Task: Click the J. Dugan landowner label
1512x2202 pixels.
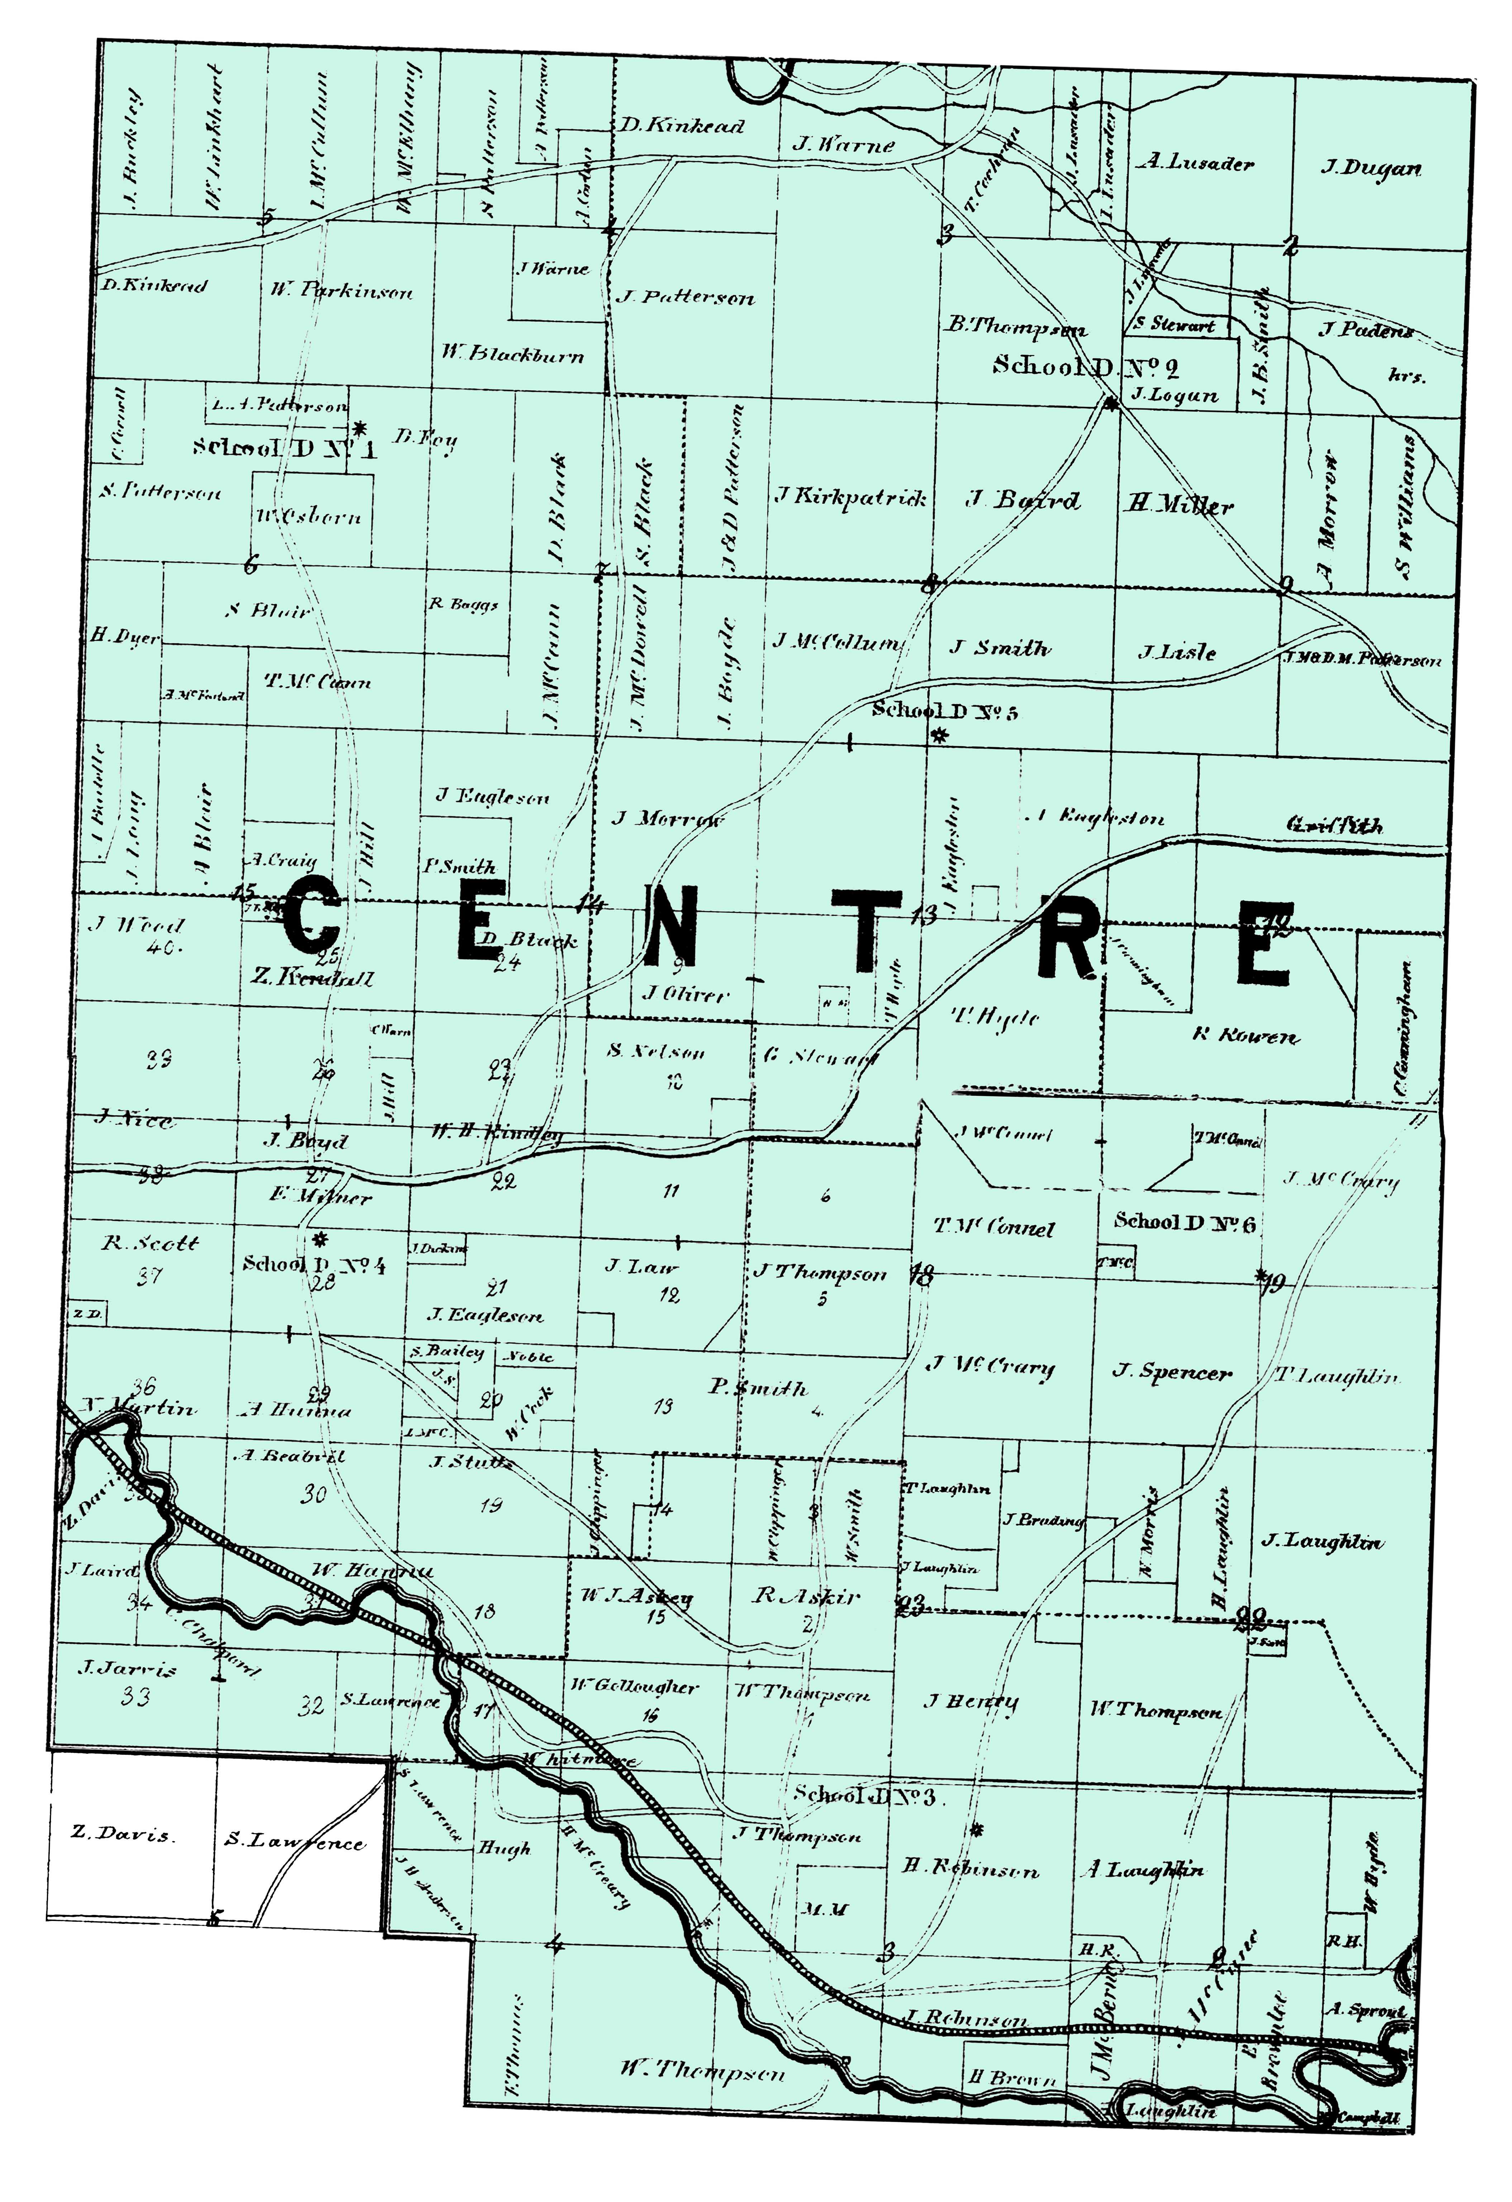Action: coord(1371,169)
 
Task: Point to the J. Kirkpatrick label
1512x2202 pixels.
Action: coord(850,496)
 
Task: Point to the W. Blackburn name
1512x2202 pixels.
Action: coord(512,355)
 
